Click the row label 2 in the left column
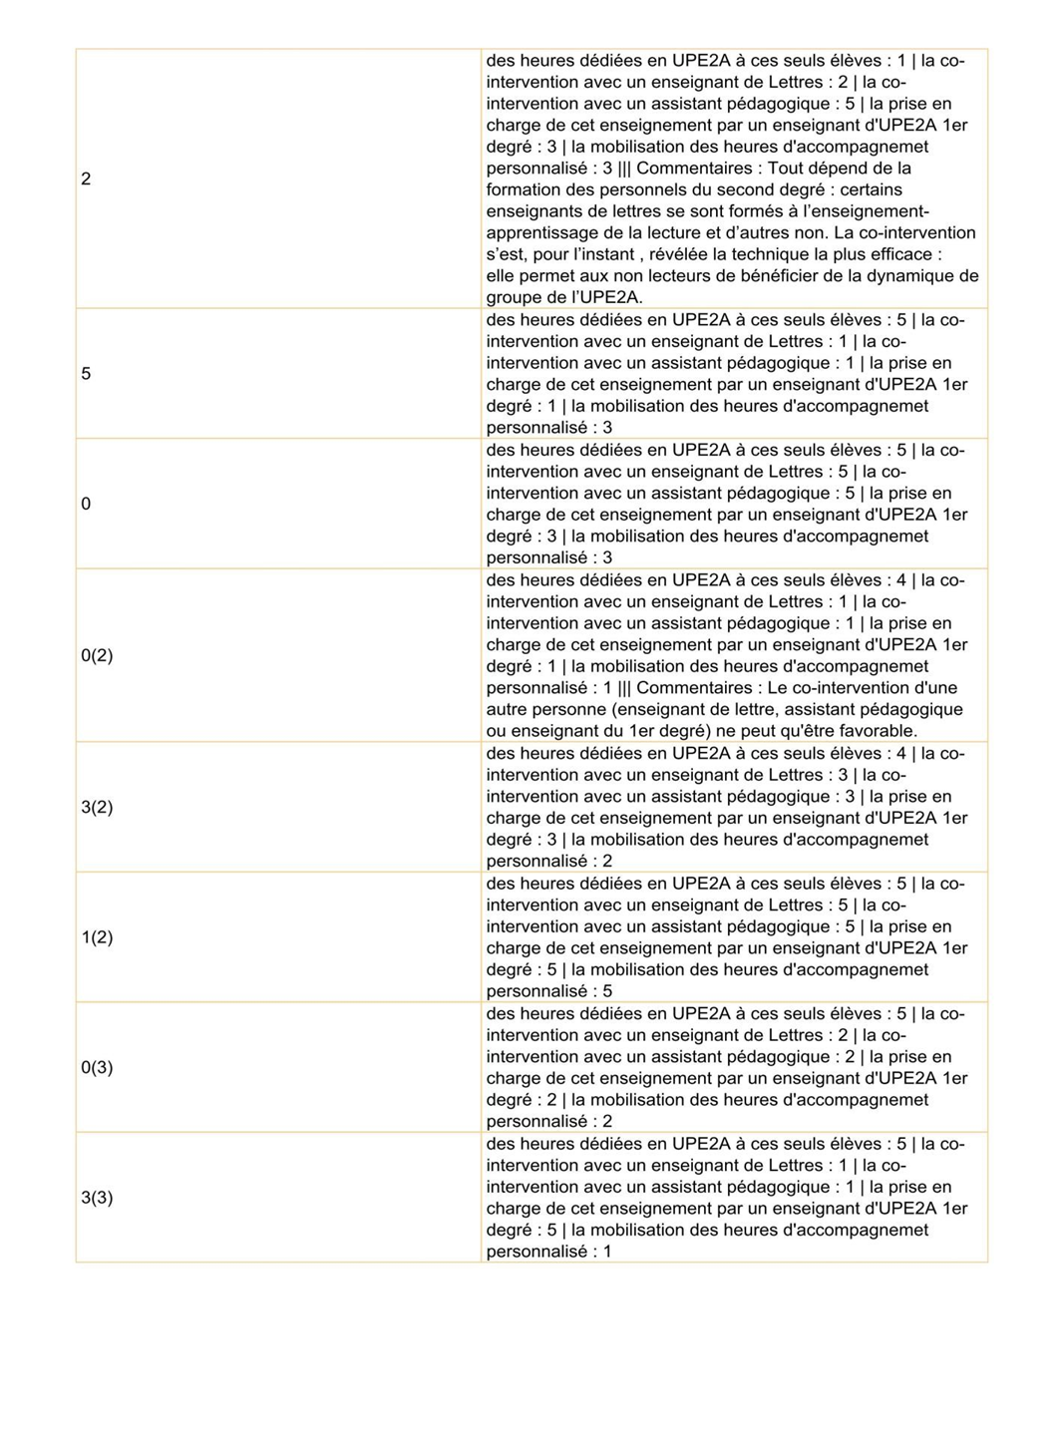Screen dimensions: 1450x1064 [x=86, y=180]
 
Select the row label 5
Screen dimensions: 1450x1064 [x=86, y=374]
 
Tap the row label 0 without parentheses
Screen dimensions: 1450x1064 [x=86, y=504]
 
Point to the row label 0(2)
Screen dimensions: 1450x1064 [x=97, y=655]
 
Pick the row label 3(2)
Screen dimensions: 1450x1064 [x=97, y=807]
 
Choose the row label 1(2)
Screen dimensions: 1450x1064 [x=97, y=937]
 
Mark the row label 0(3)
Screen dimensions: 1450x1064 [x=97, y=1067]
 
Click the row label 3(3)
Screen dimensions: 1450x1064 [x=97, y=1198]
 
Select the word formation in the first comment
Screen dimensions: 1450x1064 [x=525, y=189]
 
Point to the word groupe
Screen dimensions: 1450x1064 [x=515, y=297]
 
